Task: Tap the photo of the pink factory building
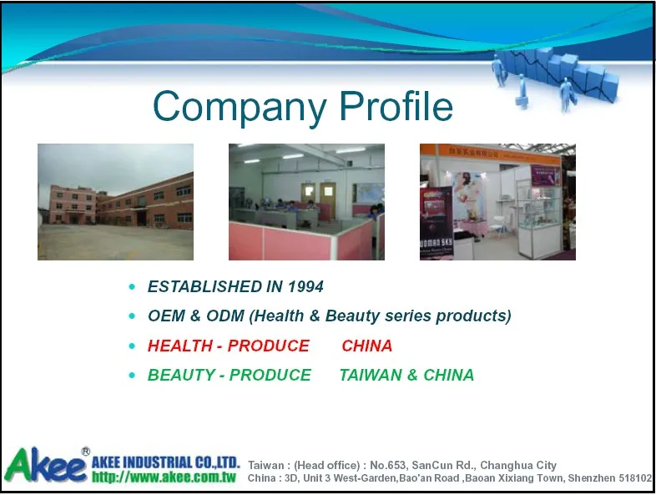coord(115,201)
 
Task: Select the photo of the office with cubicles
coord(306,201)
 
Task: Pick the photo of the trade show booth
coord(497,201)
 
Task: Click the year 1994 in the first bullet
coord(305,287)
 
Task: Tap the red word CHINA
coord(367,346)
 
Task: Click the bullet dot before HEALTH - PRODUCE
coord(132,346)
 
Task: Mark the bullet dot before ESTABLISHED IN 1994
coord(132,287)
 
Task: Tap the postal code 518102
coord(636,478)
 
